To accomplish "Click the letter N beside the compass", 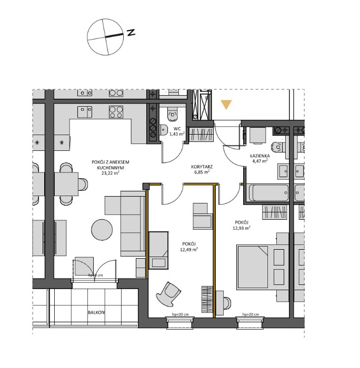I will [131, 33].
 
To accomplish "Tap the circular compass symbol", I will [106, 37].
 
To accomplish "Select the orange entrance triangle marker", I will [226, 105].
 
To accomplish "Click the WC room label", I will [177, 128].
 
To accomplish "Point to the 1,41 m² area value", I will [177, 134].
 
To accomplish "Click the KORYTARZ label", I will [201, 166].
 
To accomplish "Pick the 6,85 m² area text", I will [201, 171].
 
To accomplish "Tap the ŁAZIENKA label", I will [260, 156].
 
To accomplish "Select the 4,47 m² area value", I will [260, 162].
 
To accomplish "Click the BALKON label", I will [96, 312].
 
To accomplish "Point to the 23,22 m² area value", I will [111, 172].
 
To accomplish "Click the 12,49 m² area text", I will [188, 250].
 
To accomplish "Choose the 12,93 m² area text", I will [241, 228].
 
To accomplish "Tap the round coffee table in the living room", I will [103, 229].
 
